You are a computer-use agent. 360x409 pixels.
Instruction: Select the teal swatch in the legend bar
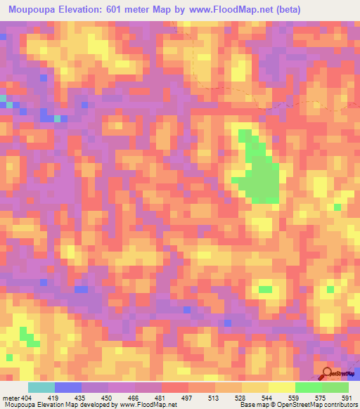click(41, 387)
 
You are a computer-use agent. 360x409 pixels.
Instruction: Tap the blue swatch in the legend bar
click(68, 387)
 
